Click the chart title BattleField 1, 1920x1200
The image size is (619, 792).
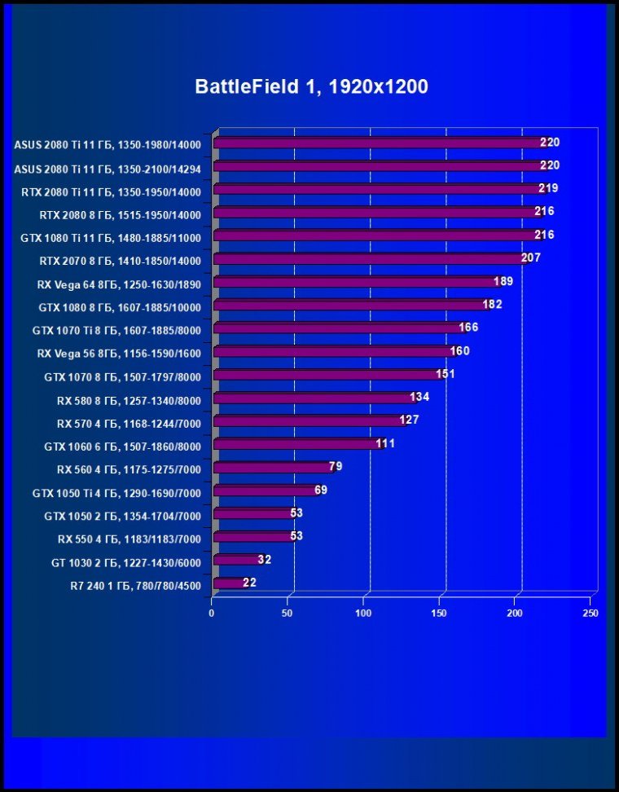[x=311, y=86]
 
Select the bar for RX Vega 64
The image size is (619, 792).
[x=354, y=282]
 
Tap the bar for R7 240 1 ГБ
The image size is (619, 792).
[x=228, y=583]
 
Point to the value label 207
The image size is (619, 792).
[x=530, y=258]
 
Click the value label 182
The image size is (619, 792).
[x=492, y=305]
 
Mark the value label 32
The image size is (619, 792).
[x=264, y=560]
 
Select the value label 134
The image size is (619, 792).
[x=419, y=398]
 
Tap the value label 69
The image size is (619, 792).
[x=319, y=491]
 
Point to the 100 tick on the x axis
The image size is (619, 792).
[x=364, y=613]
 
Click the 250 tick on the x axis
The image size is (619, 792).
[x=590, y=613]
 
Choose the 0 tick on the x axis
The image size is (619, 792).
[x=212, y=613]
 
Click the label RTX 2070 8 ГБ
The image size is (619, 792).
[x=120, y=262]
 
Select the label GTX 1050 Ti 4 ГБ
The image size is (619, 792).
[x=116, y=493]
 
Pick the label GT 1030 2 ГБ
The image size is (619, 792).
[x=125, y=562]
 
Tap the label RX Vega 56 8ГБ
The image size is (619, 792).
[x=119, y=354]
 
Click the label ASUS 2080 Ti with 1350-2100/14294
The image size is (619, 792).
[x=107, y=169]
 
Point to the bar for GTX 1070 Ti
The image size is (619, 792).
[x=338, y=328]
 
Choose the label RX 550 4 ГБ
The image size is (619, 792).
[x=129, y=539]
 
